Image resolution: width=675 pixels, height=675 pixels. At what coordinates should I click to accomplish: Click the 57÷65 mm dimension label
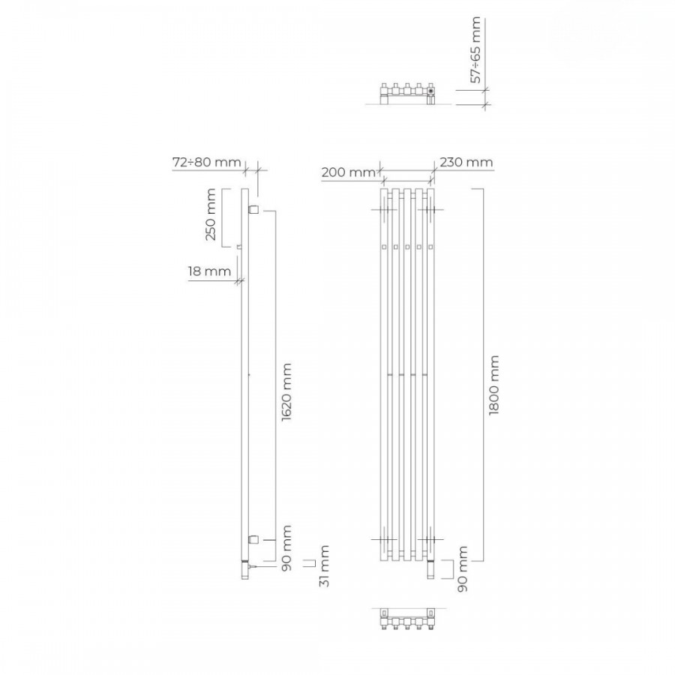coord(475,50)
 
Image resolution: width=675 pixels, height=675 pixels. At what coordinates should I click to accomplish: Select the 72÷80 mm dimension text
coord(207,162)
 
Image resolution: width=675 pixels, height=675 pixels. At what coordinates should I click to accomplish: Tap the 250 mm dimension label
coord(211,214)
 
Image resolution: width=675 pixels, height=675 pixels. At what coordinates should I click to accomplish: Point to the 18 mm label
coord(209,271)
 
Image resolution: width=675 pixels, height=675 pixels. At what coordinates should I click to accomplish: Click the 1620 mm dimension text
coord(286,392)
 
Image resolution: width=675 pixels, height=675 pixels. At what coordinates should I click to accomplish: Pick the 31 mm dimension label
coord(324,565)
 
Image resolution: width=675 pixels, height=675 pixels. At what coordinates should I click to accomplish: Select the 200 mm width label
coord(349,172)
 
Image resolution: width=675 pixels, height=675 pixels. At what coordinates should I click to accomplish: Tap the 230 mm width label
coord(466,162)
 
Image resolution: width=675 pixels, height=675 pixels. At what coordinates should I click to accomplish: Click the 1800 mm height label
coord(493,385)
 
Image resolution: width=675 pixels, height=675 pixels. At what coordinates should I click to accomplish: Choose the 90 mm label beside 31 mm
coord(286,548)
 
